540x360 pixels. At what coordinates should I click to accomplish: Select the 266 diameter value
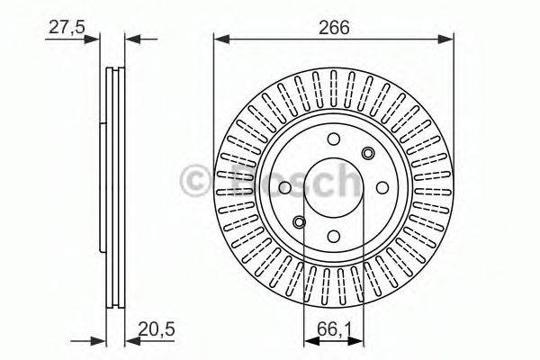pos(334,28)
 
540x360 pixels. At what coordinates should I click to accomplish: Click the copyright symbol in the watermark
pos(196,181)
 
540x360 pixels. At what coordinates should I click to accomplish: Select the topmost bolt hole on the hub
pos(334,139)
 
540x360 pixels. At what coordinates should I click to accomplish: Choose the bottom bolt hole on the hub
pos(334,237)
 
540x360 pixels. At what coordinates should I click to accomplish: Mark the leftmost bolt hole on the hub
pos(284,187)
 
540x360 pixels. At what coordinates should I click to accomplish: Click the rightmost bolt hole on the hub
pos(383,187)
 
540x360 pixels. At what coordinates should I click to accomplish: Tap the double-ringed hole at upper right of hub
pos(367,153)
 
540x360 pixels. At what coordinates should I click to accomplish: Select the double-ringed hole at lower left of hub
pos(300,222)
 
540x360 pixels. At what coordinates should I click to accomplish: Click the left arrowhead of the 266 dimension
pos(219,39)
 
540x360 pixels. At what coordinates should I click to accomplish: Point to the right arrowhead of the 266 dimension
pos(449,39)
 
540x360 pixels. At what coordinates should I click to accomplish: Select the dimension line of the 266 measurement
pos(334,39)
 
